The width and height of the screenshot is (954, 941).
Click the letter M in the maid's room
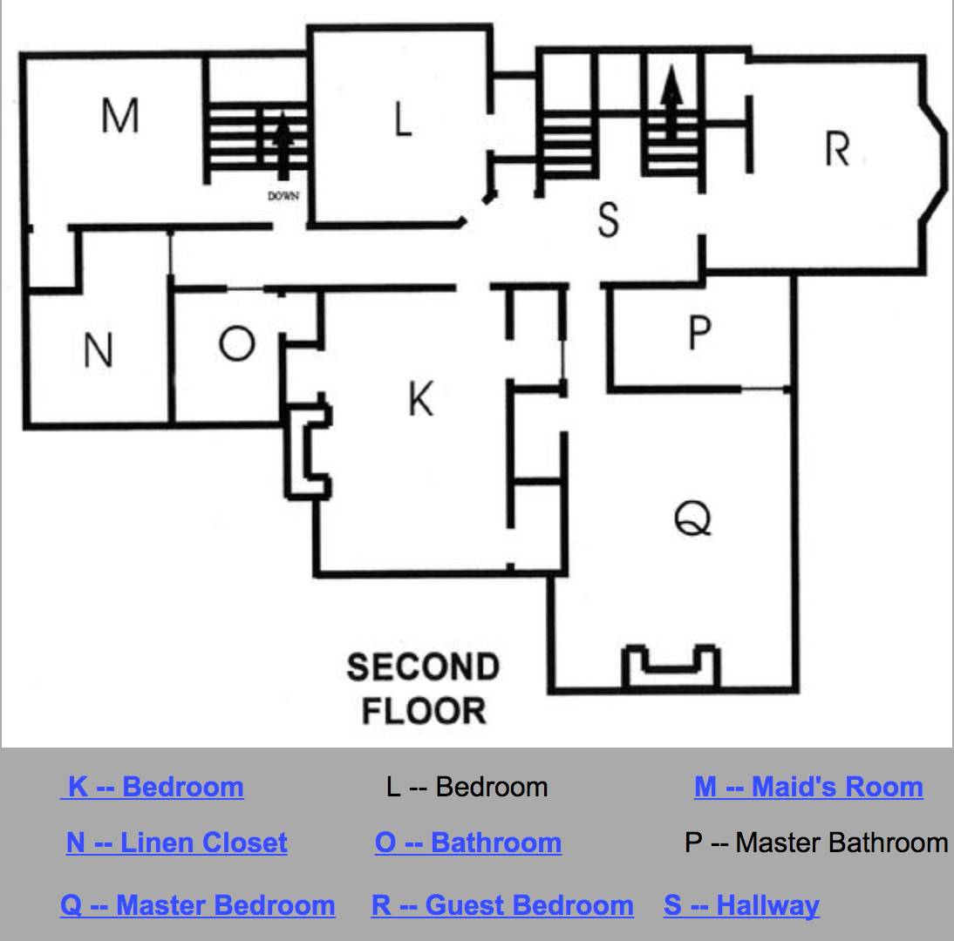pos(120,116)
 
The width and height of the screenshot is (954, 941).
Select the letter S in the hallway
pos(609,220)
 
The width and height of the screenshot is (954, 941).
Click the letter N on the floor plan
pos(99,351)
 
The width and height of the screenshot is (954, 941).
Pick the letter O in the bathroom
pos(236,344)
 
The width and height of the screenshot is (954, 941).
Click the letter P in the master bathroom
pos(699,333)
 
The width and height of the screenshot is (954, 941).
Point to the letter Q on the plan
pos(694,519)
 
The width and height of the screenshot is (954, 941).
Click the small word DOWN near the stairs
pos(283,196)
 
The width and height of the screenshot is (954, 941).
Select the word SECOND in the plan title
pos(423,668)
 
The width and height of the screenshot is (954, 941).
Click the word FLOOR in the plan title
pos(424,711)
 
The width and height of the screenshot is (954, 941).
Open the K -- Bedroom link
pos(155,787)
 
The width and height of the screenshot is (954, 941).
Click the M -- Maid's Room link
pos(808,787)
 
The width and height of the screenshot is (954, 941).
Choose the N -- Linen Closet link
pos(176,843)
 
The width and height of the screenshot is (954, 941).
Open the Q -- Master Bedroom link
pos(198,905)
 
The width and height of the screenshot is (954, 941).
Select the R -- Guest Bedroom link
pos(502,905)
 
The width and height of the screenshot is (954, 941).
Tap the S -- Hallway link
pos(741,905)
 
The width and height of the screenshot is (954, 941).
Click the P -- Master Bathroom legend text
pos(816,843)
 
